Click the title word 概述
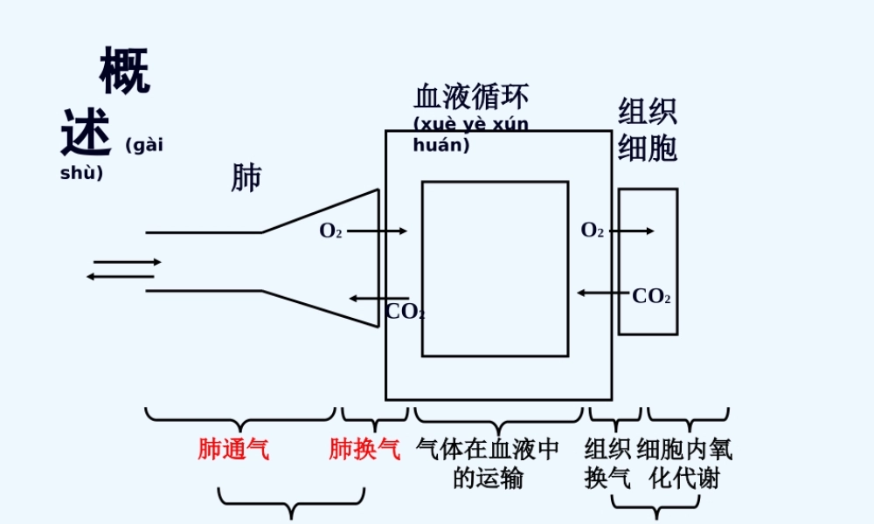point(105,103)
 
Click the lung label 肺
point(246,177)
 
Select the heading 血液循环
point(471,97)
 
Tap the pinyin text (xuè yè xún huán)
point(470,134)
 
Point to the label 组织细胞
point(648,130)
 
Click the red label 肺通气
point(233,450)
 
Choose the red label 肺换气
point(364,450)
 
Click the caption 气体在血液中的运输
point(489,464)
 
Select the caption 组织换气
point(607,464)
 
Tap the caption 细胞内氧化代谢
point(684,464)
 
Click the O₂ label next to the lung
point(330,231)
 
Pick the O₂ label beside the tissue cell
point(593,231)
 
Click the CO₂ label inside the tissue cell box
point(651,297)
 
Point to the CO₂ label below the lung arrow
point(405,312)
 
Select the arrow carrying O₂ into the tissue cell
point(631,231)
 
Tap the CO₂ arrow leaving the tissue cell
point(603,293)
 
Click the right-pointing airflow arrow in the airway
point(128,262)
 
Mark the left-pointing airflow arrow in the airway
point(120,277)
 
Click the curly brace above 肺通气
point(240,417)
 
